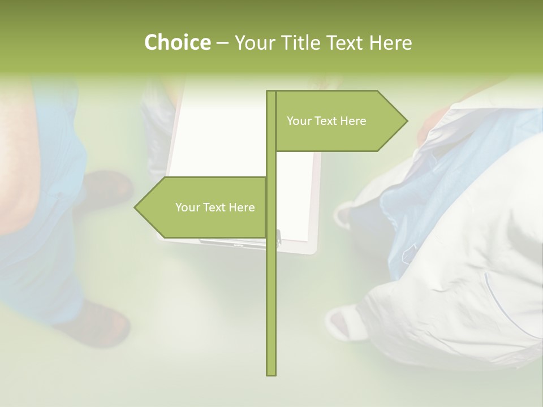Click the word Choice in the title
click(x=177, y=42)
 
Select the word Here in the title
click(x=390, y=42)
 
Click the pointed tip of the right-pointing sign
click(x=406, y=120)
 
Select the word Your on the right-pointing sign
click(x=299, y=121)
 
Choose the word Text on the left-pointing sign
click(x=215, y=207)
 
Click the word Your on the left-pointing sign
click(x=188, y=207)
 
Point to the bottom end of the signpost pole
click(x=271, y=373)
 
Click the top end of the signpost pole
click(x=271, y=93)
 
